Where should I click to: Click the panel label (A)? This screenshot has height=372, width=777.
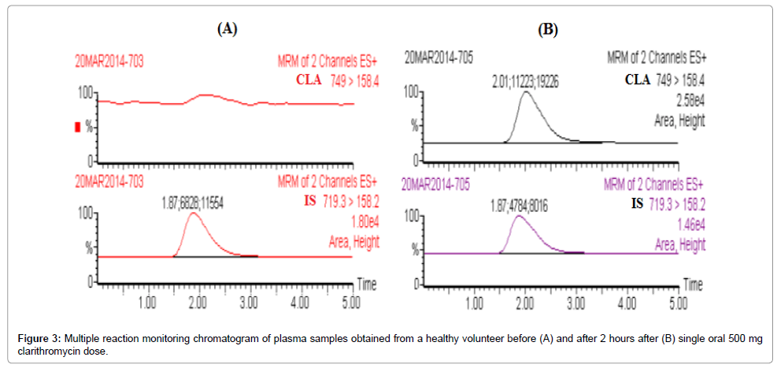pyautogui.click(x=227, y=29)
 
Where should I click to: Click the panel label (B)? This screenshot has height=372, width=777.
pyautogui.click(x=547, y=30)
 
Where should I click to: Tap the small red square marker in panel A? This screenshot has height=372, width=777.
pyautogui.click(x=77, y=127)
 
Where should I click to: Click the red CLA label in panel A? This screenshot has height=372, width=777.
pyautogui.click(x=312, y=79)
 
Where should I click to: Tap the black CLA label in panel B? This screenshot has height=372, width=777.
pyautogui.click(x=638, y=79)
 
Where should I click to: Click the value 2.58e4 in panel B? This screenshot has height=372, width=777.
pyautogui.click(x=690, y=100)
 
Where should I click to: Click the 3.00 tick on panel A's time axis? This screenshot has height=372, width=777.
pyautogui.click(x=250, y=303)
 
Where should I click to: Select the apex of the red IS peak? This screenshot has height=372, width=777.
pyautogui.click(x=193, y=214)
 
